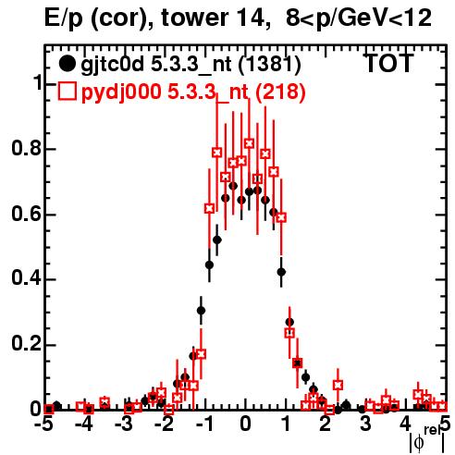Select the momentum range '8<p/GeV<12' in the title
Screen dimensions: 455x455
359,18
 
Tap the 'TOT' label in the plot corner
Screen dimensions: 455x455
388,63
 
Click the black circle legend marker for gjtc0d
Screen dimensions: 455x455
67,64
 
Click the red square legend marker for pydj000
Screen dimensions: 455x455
67,92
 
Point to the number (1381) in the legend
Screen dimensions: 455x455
270,65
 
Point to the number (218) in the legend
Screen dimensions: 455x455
280,92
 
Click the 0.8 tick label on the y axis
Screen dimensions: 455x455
26,148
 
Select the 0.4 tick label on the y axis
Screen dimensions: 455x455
26,278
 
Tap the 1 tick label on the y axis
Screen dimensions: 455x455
37,83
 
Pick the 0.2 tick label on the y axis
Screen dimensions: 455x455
26,344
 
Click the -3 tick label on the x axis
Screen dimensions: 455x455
126,424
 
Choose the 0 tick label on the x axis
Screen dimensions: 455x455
245,424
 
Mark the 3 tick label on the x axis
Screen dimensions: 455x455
365,424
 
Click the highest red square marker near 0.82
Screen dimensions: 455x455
250,143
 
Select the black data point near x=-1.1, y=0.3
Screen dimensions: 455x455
201,311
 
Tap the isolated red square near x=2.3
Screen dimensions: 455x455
338,385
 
